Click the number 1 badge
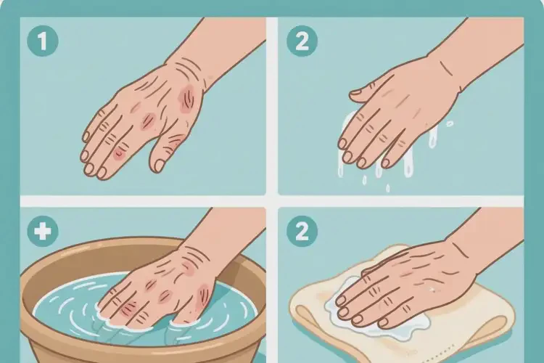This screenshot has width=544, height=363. click(43, 41)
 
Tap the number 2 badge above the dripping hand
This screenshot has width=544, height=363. click(302, 41)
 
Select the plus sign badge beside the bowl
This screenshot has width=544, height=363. click(43, 232)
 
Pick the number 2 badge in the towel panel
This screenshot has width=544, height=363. click(302, 232)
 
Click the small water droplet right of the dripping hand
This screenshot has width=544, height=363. click(449, 123)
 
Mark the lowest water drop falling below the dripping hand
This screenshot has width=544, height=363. click(388, 188)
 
